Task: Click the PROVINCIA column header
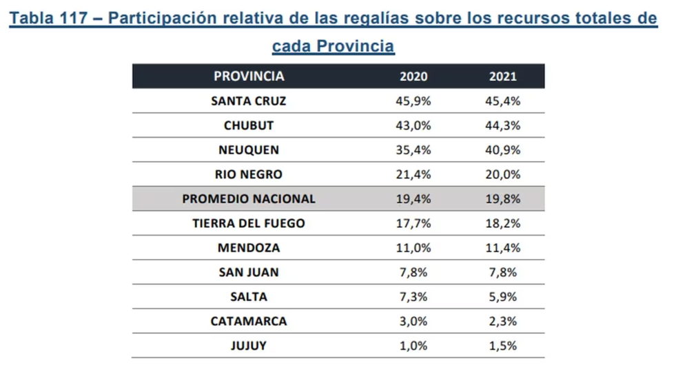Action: [x=249, y=76]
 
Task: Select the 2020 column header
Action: [x=413, y=76]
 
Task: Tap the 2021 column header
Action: [x=502, y=76]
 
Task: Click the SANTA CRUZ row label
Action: [x=249, y=101]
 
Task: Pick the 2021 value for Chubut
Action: [x=502, y=126]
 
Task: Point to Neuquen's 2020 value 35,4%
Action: [x=413, y=150]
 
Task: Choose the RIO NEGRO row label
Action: [x=249, y=175]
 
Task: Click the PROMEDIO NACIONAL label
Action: [x=249, y=199]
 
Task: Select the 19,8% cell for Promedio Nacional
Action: [x=502, y=199]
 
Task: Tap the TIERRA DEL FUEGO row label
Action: [x=249, y=224]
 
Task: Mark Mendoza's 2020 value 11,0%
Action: [x=413, y=248]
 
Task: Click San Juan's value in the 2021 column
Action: [x=502, y=273]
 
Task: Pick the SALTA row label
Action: [x=249, y=297]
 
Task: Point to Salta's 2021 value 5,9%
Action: [x=502, y=297]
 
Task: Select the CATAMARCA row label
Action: [x=249, y=322]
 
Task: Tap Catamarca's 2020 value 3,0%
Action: [x=413, y=322]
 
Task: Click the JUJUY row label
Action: [x=249, y=346]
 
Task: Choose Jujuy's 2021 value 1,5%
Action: [x=502, y=346]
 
